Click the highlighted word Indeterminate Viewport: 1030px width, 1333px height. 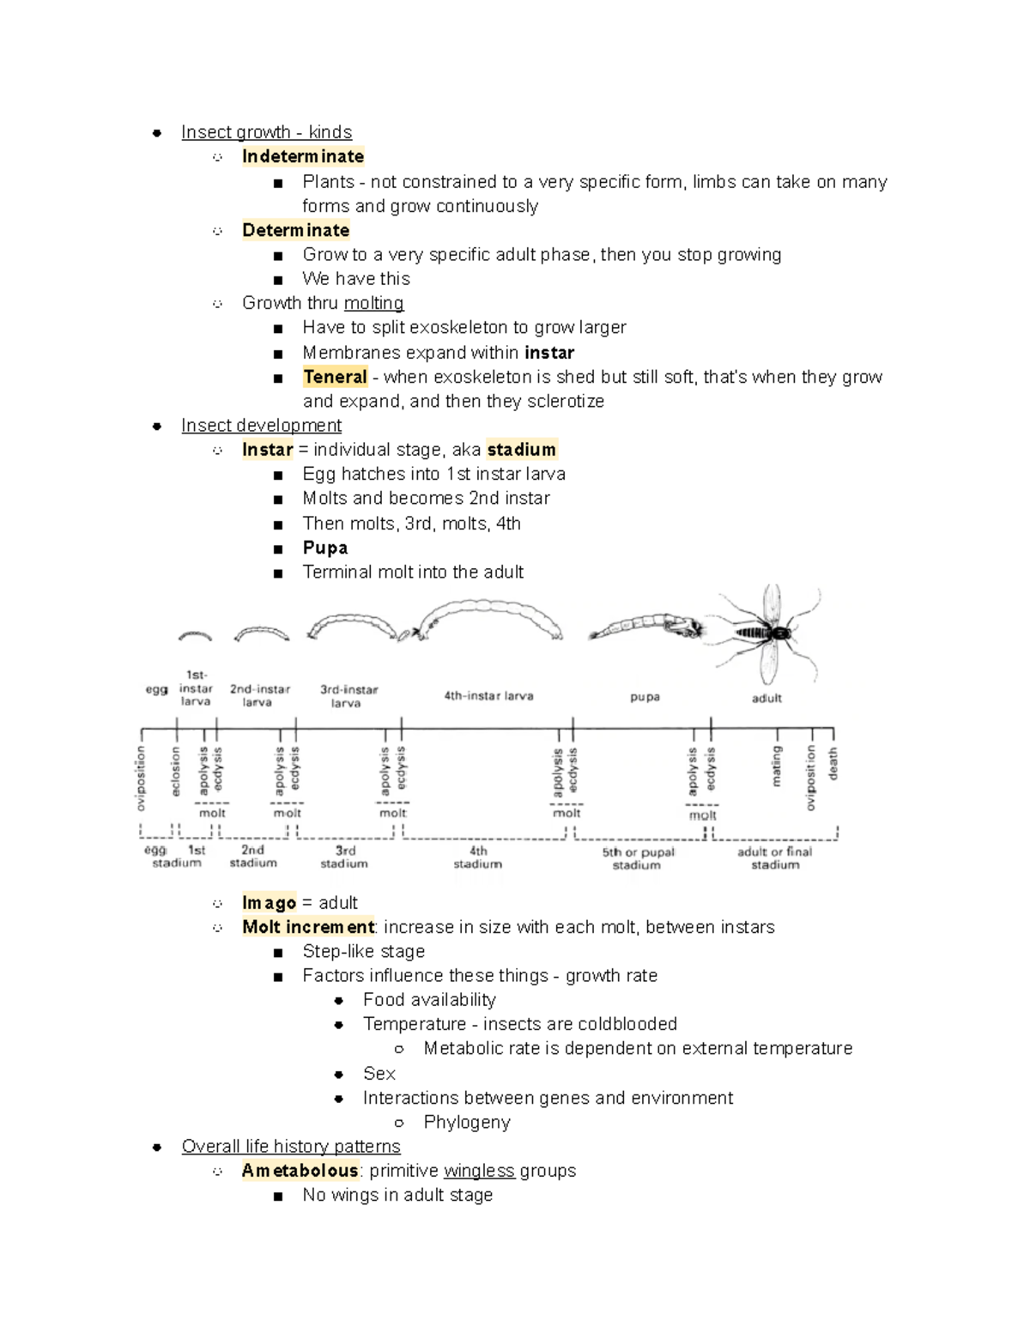tap(302, 156)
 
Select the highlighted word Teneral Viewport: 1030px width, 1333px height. tap(335, 377)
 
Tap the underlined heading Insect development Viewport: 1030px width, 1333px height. tap(261, 426)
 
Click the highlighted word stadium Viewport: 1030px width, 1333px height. tap(521, 450)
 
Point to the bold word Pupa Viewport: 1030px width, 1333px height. tap(324, 548)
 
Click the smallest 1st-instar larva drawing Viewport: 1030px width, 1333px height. tap(195, 636)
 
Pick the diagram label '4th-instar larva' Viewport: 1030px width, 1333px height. tap(488, 696)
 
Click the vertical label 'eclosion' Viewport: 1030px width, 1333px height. tap(176, 771)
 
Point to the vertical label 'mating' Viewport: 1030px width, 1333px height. tap(777, 766)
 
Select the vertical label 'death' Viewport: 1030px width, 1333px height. tap(833, 763)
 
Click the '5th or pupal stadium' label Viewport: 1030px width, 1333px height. tap(638, 858)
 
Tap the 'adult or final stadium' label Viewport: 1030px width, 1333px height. tap(774, 858)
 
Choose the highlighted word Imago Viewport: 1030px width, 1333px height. tap(269, 903)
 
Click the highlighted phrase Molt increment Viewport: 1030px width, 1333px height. tap(308, 927)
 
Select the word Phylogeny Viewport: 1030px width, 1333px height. tap(467, 1123)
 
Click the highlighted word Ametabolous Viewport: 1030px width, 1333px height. tap(300, 1171)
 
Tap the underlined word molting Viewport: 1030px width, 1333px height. tap(373, 303)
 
